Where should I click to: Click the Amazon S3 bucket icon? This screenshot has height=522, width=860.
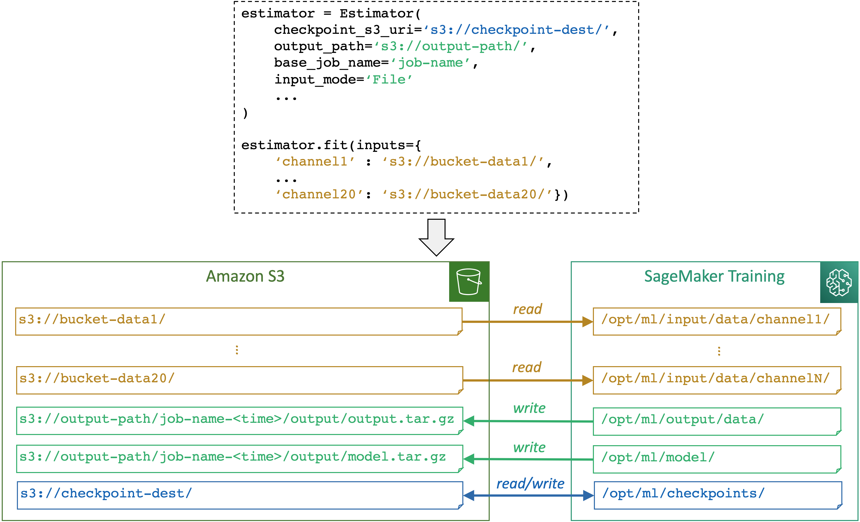tap(469, 282)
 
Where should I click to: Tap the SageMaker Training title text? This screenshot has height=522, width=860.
tap(714, 276)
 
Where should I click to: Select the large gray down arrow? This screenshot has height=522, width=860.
tap(436, 237)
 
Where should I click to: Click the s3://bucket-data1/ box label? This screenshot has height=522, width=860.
tap(92, 319)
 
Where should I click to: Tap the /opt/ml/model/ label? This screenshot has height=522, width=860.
tap(658, 457)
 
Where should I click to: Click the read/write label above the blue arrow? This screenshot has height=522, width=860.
tap(530, 484)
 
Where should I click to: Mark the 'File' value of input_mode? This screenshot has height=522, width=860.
tap(389, 80)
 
